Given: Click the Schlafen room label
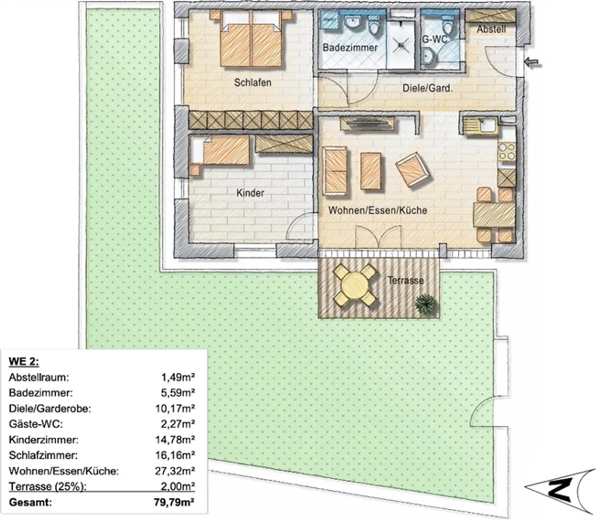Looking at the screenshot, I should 252,82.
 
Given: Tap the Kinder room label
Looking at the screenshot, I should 250,193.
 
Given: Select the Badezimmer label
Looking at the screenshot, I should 350,48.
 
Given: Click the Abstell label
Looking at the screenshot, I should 491,29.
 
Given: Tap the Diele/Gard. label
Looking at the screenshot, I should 428,88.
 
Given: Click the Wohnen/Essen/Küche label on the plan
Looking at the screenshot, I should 377,210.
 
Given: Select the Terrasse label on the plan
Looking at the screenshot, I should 406,280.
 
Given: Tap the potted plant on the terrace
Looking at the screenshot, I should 426,304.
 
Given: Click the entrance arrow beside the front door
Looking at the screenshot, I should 533,62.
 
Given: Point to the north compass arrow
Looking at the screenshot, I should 557,489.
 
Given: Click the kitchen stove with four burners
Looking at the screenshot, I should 507,151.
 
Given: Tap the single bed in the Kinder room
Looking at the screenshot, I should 221,151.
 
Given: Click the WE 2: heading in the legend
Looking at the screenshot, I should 24,362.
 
